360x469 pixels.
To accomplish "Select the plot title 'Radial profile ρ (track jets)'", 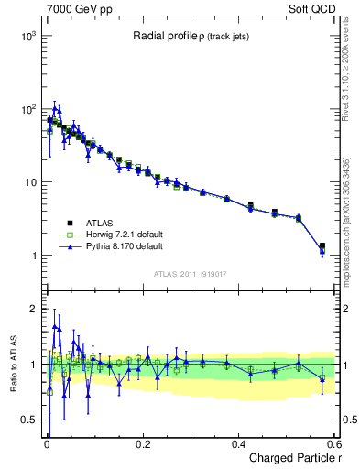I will coord(187,37).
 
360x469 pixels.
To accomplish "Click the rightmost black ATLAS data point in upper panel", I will coord(322,245).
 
